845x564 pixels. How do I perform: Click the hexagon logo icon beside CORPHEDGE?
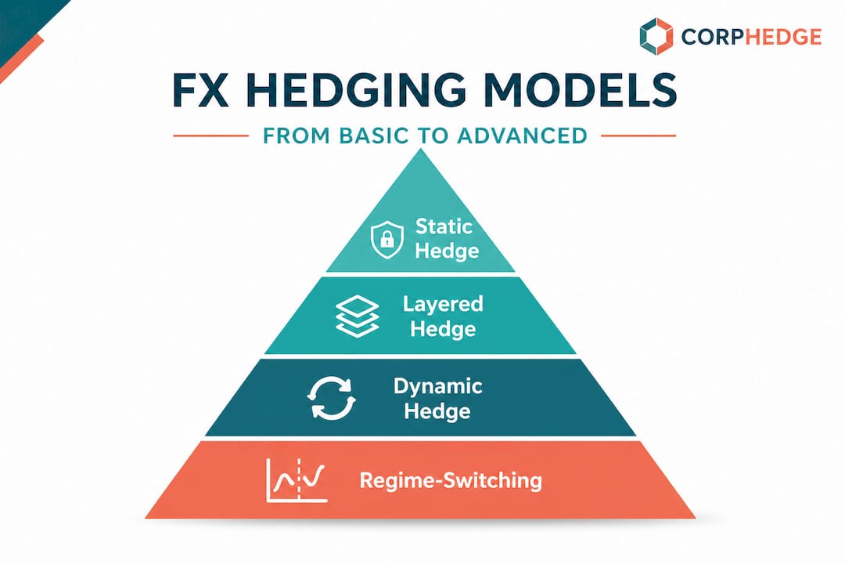(x=656, y=36)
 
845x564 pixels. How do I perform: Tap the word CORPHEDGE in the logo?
(x=751, y=37)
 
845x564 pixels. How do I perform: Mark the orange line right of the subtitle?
(x=638, y=136)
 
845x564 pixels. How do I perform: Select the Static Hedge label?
(x=444, y=238)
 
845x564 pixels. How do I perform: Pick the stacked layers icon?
(x=356, y=316)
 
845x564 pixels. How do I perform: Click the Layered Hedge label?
(x=443, y=316)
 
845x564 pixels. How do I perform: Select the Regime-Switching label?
(x=450, y=479)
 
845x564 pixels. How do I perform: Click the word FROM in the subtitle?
(x=291, y=136)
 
